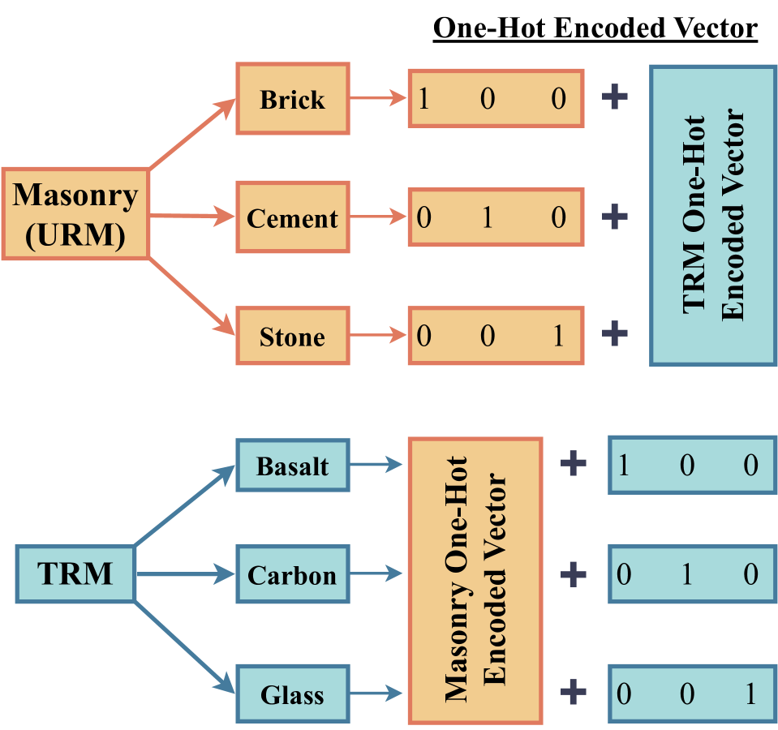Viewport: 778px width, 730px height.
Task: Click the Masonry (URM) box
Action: pyautogui.click(x=75, y=214)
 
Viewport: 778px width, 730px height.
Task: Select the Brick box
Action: pyautogui.click(x=292, y=99)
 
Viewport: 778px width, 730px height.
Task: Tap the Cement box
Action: pyautogui.click(x=292, y=218)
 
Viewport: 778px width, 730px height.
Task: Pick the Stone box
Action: pyautogui.click(x=292, y=336)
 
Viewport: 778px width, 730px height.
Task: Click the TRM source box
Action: pyautogui.click(x=75, y=574)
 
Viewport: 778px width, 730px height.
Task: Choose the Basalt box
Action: pyautogui.click(x=292, y=466)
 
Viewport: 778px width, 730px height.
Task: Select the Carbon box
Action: pyautogui.click(x=292, y=575)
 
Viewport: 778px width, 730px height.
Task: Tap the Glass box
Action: pyautogui.click(x=292, y=694)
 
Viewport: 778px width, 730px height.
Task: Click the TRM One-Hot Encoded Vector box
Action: pyautogui.click(x=713, y=215)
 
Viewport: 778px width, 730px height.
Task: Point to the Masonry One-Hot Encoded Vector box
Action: pyautogui.click(x=475, y=581)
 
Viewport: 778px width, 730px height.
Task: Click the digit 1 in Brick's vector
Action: pyautogui.click(x=423, y=99)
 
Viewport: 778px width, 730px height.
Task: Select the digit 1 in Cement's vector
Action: pyautogui.click(x=488, y=218)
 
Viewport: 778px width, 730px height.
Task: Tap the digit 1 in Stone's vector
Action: pyautogui.click(x=558, y=336)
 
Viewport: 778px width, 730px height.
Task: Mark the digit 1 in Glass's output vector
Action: pyautogui.click(x=750, y=694)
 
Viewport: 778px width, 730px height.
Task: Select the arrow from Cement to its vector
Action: pyautogui.click(x=378, y=217)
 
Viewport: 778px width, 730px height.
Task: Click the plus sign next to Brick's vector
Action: pyautogui.click(x=615, y=97)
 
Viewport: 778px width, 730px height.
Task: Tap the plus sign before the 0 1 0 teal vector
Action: pyautogui.click(x=573, y=575)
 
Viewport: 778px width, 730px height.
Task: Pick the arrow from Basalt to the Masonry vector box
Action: pyautogui.click(x=377, y=466)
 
